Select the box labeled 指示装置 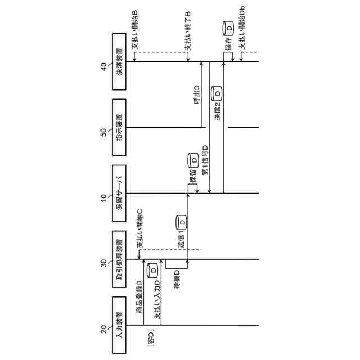tap(119, 128)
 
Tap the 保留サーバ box tap(119, 193)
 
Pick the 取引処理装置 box tap(119, 259)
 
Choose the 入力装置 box tap(119, 325)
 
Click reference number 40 tap(103, 67)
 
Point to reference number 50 tap(103, 133)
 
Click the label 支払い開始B tap(135, 31)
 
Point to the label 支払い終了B tap(188, 31)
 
